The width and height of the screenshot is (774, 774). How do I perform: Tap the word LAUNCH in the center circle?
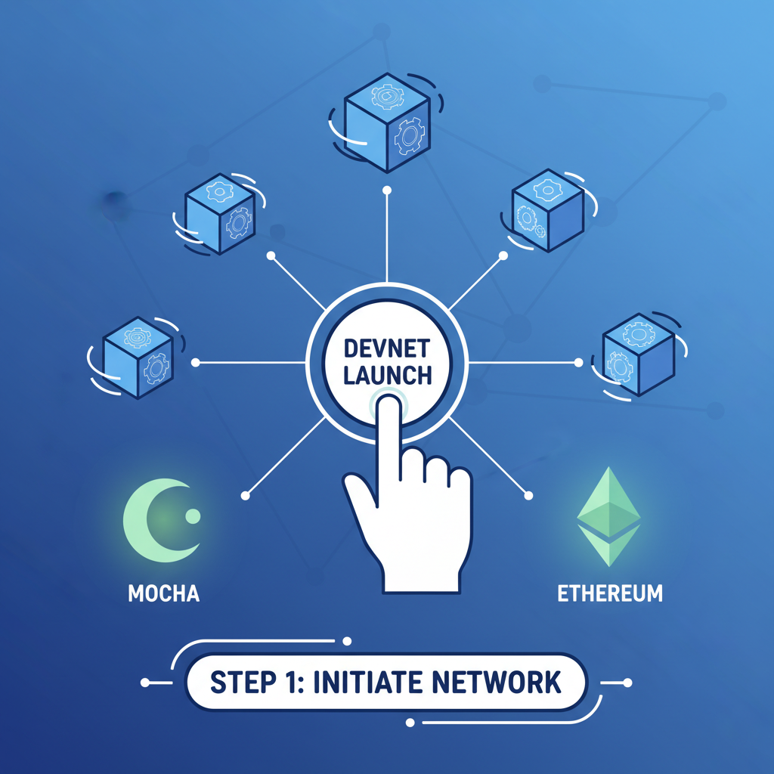386,374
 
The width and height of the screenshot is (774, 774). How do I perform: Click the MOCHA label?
164,593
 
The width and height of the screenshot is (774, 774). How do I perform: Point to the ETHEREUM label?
609,593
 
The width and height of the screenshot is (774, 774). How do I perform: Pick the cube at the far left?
137,358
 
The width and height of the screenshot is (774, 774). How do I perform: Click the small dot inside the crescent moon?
192,516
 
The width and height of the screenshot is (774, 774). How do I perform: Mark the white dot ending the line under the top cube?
387,189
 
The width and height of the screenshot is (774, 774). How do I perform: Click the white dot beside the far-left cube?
196,363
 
